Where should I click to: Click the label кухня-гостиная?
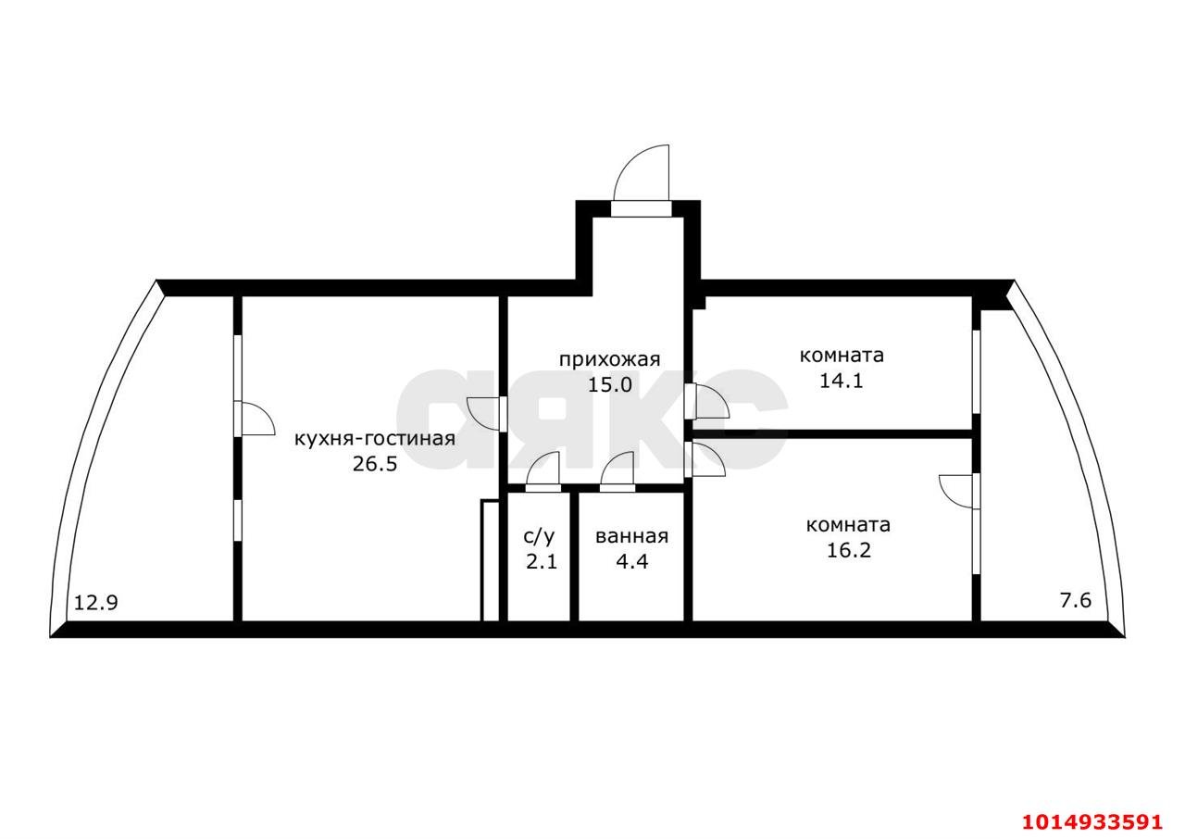coord(375,439)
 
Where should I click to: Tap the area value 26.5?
coord(375,464)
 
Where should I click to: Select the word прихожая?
coord(610,360)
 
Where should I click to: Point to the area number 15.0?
coord(610,384)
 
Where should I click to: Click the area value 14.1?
coord(842,381)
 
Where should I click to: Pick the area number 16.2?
coord(849,550)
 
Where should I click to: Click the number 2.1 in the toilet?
coord(542,561)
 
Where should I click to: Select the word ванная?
coord(631,536)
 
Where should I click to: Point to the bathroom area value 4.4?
coord(631,561)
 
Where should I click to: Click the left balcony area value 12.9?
coord(95,603)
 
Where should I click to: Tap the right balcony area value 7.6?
coord(1076,600)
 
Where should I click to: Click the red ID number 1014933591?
coord(1092,821)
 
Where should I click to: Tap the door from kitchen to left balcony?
coord(255,418)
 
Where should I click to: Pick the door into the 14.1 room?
coord(707,401)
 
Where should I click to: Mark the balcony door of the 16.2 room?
coord(958,492)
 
